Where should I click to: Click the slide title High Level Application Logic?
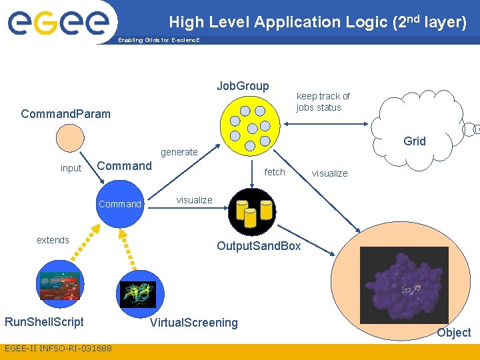pyautogui.click(x=317, y=22)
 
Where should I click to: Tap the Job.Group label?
pyautogui.click(x=243, y=86)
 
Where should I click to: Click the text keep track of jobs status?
pyautogui.click(x=323, y=101)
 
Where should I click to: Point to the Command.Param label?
pyautogui.click(x=65, y=113)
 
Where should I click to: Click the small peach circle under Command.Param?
pyautogui.click(x=70, y=139)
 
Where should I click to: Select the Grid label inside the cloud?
pyautogui.click(x=414, y=141)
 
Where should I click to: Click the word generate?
pyautogui.click(x=179, y=152)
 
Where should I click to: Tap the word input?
pyautogui.click(x=71, y=168)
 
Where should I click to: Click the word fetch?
pyautogui.click(x=275, y=172)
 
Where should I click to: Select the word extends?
pyautogui.click(x=53, y=240)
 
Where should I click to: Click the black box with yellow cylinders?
pyautogui.click(x=251, y=208)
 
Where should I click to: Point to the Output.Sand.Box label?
pyautogui.click(x=259, y=246)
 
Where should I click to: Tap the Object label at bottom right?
pyautogui.click(x=453, y=332)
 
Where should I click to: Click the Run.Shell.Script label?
pyautogui.click(x=44, y=322)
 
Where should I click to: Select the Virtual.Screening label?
pyautogui.click(x=193, y=323)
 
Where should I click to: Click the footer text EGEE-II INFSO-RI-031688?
pyautogui.click(x=58, y=349)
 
